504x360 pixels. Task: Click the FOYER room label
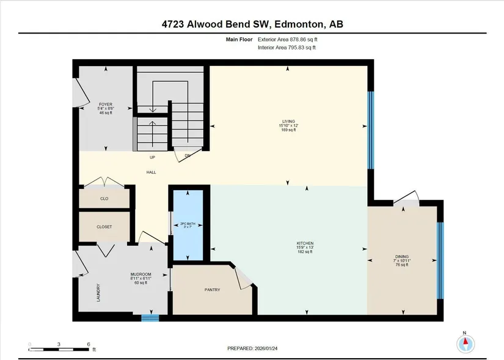(x=106, y=105)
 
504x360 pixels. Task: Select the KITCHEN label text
(x=305, y=243)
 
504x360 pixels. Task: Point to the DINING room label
(x=402, y=257)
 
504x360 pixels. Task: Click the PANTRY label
(x=213, y=290)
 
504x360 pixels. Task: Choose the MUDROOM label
(x=141, y=274)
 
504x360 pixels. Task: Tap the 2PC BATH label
(x=188, y=224)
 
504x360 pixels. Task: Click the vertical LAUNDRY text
(x=98, y=292)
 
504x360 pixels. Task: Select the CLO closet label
(x=104, y=199)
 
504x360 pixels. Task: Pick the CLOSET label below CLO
(x=104, y=227)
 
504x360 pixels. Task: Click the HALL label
(x=151, y=172)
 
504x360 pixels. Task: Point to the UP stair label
(x=152, y=157)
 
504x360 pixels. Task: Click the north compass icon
(x=466, y=343)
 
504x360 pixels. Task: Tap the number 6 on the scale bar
(x=89, y=344)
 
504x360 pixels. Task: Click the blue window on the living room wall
(x=371, y=130)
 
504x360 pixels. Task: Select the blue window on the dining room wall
(x=440, y=260)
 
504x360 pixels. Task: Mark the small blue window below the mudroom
(x=150, y=318)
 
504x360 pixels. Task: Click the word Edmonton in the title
(x=298, y=24)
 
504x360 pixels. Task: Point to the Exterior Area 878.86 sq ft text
(x=288, y=39)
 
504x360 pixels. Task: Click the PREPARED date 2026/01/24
(x=266, y=348)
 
